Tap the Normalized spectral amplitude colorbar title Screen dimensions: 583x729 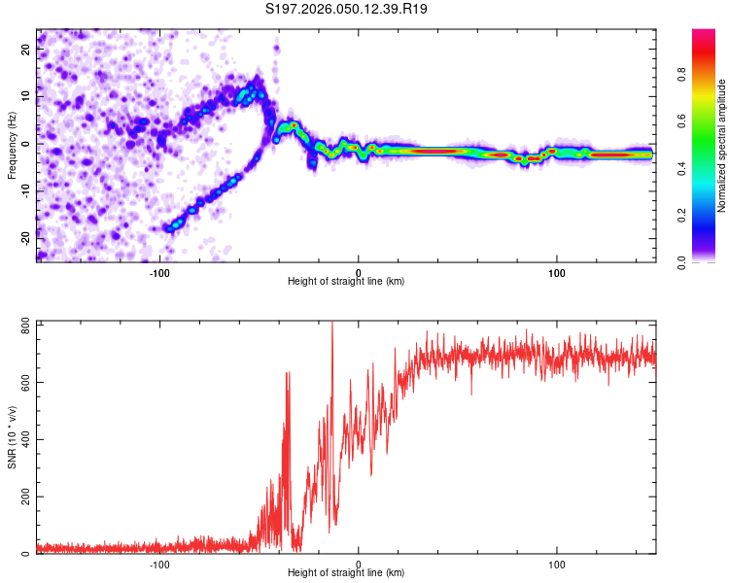pyautogui.click(x=722, y=146)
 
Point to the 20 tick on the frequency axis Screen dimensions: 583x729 pyautogui.click(x=26, y=51)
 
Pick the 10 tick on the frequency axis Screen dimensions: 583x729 pyautogui.click(x=26, y=97)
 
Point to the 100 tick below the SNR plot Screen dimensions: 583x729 pyautogui.click(x=557, y=565)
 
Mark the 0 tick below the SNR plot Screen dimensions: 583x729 pyautogui.click(x=359, y=565)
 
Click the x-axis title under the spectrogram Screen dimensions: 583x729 pyautogui.click(x=346, y=282)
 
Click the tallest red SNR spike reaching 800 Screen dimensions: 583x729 pyautogui.click(x=332, y=325)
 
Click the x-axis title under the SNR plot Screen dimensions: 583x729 pyautogui.click(x=346, y=574)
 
